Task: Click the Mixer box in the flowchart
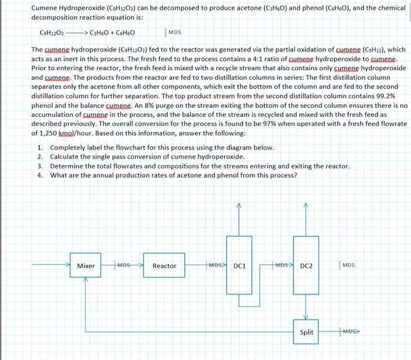(86, 266)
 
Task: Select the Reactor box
(164, 266)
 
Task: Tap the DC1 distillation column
(239, 266)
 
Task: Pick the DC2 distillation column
(306, 266)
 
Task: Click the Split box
(306, 332)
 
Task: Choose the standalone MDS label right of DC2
(348, 265)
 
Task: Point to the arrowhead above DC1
(239, 206)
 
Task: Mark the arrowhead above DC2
(306, 206)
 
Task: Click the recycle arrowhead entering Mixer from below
(86, 280)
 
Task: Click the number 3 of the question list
(40, 166)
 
